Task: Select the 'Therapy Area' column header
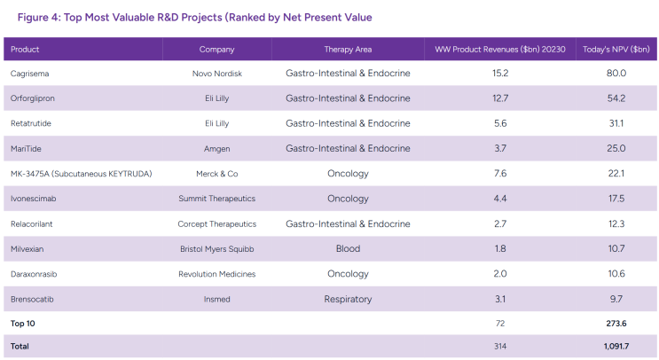click(348, 49)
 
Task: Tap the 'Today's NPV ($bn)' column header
click(616, 49)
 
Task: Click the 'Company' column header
click(217, 50)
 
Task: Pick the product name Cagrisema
click(30, 74)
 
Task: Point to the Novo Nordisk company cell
click(217, 74)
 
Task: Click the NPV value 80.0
click(616, 73)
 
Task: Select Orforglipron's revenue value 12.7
click(500, 98)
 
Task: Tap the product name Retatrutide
click(31, 123)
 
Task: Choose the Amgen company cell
click(217, 149)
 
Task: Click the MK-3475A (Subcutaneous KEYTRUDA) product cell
click(81, 174)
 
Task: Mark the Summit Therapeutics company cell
click(217, 199)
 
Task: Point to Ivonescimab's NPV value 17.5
click(616, 199)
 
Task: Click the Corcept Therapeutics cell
click(217, 224)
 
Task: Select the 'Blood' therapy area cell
click(348, 248)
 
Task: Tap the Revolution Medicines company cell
click(217, 274)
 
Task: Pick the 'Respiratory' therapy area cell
click(348, 299)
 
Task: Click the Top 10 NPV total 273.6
click(616, 324)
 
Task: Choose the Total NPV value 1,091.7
click(616, 347)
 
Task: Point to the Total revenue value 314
click(500, 347)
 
